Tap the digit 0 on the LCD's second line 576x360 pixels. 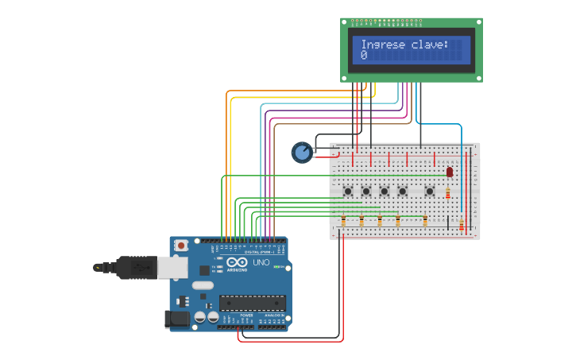(364, 56)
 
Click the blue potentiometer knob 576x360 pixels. (302, 152)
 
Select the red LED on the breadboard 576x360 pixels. (450, 172)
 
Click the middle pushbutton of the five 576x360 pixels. (385, 191)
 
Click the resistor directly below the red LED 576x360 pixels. (448, 193)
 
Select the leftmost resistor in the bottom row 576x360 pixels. (343, 221)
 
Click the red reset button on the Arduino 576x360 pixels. (181, 246)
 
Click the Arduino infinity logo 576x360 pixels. (237, 262)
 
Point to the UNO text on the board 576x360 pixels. (261, 262)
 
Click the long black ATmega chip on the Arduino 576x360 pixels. (252, 302)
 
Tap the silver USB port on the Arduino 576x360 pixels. (172, 267)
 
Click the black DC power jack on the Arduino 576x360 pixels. (176, 319)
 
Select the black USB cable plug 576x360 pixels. (135, 268)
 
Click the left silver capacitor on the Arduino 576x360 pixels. (200, 316)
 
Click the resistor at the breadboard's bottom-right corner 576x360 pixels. (462, 225)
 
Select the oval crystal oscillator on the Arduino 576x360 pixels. (203, 285)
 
